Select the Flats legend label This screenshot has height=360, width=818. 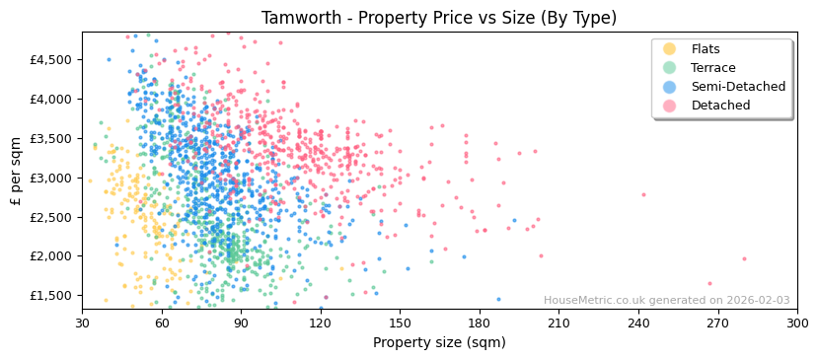705,49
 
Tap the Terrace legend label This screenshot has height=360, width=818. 712,68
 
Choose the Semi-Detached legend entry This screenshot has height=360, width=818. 738,87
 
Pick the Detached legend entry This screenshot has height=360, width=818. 719,106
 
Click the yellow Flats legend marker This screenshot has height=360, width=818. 670,49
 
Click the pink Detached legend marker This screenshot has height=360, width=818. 670,106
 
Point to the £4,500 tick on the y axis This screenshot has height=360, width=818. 50,59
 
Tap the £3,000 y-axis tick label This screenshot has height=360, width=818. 50,178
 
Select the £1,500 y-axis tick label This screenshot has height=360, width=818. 50,295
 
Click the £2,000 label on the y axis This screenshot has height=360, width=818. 50,255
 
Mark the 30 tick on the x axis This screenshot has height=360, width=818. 83,323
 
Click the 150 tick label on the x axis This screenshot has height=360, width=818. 400,323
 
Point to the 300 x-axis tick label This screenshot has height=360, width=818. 796,323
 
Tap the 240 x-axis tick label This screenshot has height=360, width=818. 638,323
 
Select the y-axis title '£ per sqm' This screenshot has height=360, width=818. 17,178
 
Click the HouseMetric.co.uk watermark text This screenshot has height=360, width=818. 666,301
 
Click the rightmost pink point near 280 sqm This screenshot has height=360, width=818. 744,259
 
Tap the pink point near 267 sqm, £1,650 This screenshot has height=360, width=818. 708,284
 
